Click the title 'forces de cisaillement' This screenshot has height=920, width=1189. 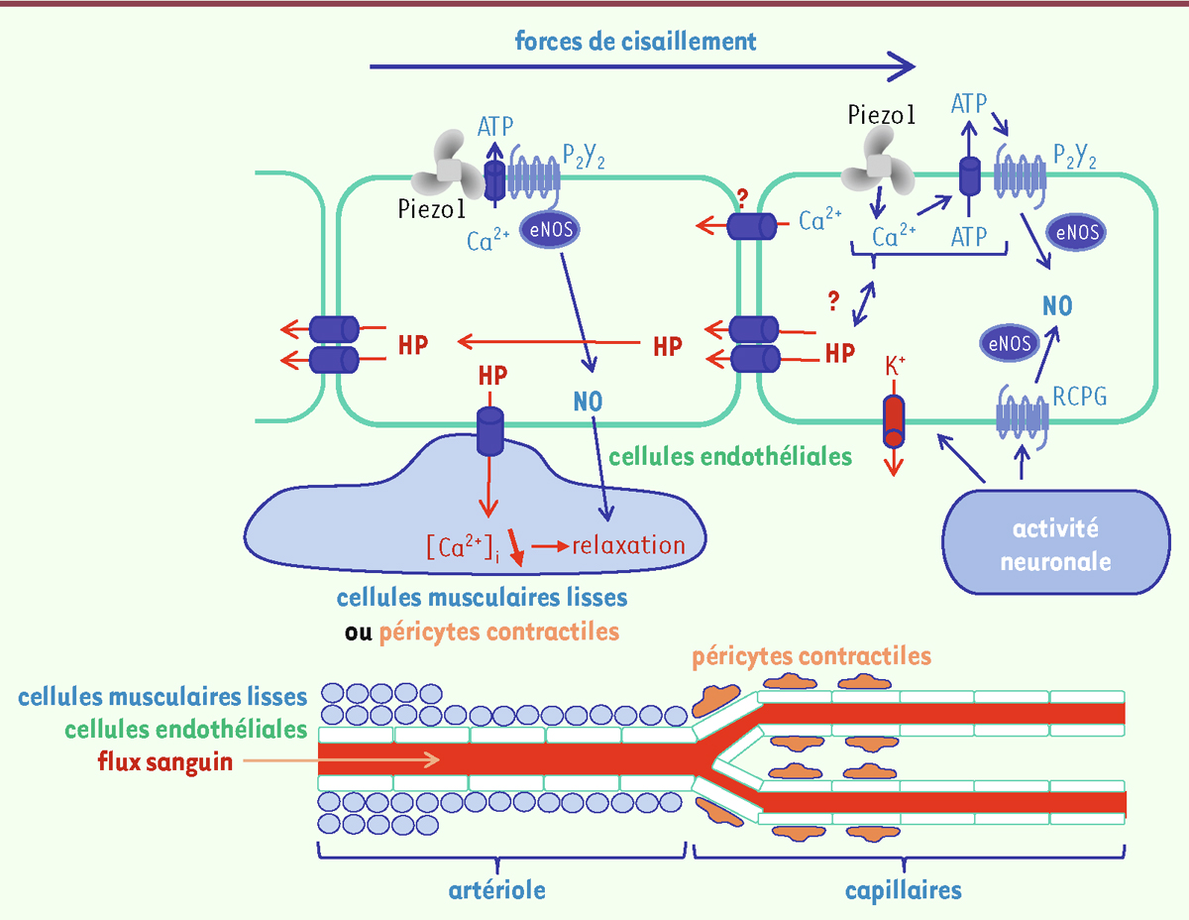(635, 42)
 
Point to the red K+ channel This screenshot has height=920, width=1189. (894, 420)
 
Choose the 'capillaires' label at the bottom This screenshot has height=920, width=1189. (903, 889)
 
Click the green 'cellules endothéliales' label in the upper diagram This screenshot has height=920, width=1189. (731, 457)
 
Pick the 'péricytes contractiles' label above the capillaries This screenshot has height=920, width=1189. (811, 657)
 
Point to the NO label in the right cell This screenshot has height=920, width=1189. (1057, 304)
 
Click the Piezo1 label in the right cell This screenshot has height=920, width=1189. (882, 115)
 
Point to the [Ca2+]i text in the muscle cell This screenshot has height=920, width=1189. (461, 546)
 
